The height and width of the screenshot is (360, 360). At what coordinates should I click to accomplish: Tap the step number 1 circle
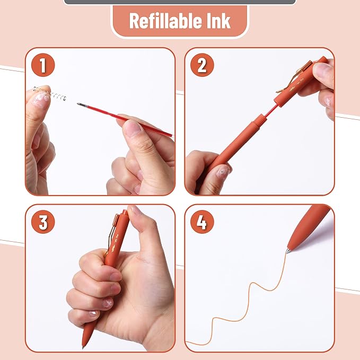(43, 65)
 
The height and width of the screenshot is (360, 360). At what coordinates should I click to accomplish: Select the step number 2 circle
(202, 65)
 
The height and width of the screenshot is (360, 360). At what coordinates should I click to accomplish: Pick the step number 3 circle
(43, 222)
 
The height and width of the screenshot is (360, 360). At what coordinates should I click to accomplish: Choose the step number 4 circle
(202, 222)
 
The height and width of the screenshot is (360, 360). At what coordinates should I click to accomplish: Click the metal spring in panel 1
(50, 93)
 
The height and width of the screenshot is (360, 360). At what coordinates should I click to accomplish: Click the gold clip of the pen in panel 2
(294, 77)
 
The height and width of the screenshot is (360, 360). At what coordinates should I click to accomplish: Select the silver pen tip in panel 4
(288, 250)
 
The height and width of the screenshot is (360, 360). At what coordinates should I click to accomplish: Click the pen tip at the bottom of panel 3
(83, 346)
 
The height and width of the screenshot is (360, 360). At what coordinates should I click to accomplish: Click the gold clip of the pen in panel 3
(112, 232)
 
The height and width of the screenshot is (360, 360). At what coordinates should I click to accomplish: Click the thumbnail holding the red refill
(132, 128)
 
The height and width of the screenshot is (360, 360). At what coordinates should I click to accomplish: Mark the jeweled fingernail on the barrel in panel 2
(222, 171)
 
